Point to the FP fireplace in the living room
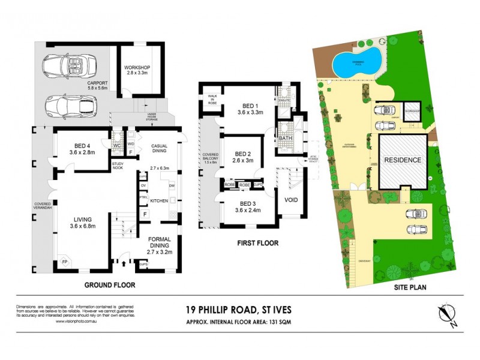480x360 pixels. (64, 262)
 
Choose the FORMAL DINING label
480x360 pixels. (160, 245)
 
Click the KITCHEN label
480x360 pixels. (158, 200)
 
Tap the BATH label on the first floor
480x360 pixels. (284, 139)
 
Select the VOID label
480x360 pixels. (291, 200)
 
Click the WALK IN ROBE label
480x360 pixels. (212, 99)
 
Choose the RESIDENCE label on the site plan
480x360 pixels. (402, 160)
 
